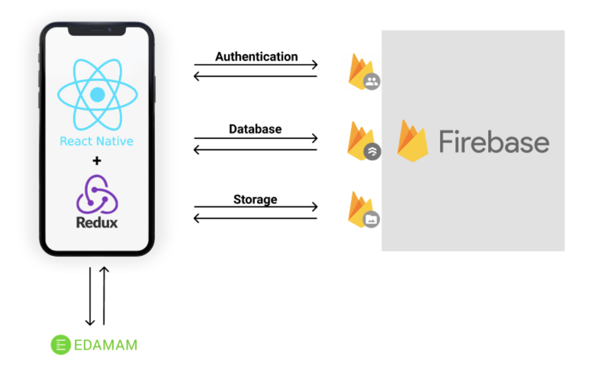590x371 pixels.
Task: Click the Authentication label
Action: pyautogui.click(x=256, y=57)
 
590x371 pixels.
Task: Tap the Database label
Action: pyautogui.click(x=255, y=129)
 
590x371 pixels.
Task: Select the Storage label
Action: pyautogui.click(x=255, y=199)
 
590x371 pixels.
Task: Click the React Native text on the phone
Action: pyautogui.click(x=97, y=141)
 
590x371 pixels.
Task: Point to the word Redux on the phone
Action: pyautogui.click(x=97, y=223)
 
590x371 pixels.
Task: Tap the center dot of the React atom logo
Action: pyautogui.click(x=97, y=95)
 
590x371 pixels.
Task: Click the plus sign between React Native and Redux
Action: pyautogui.click(x=97, y=160)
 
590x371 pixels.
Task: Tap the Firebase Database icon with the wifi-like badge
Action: pyautogui.click(x=363, y=141)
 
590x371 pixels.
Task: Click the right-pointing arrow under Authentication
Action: pyautogui.click(x=256, y=65)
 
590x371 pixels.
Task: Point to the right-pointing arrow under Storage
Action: pyautogui.click(x=256, y=207)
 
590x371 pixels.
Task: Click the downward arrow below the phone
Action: pyautogui.click(x=90, y=296)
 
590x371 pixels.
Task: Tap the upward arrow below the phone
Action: pyautogui.click(x=104, y=296)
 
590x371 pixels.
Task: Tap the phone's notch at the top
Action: pyautogui.click(x=97, y=30)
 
